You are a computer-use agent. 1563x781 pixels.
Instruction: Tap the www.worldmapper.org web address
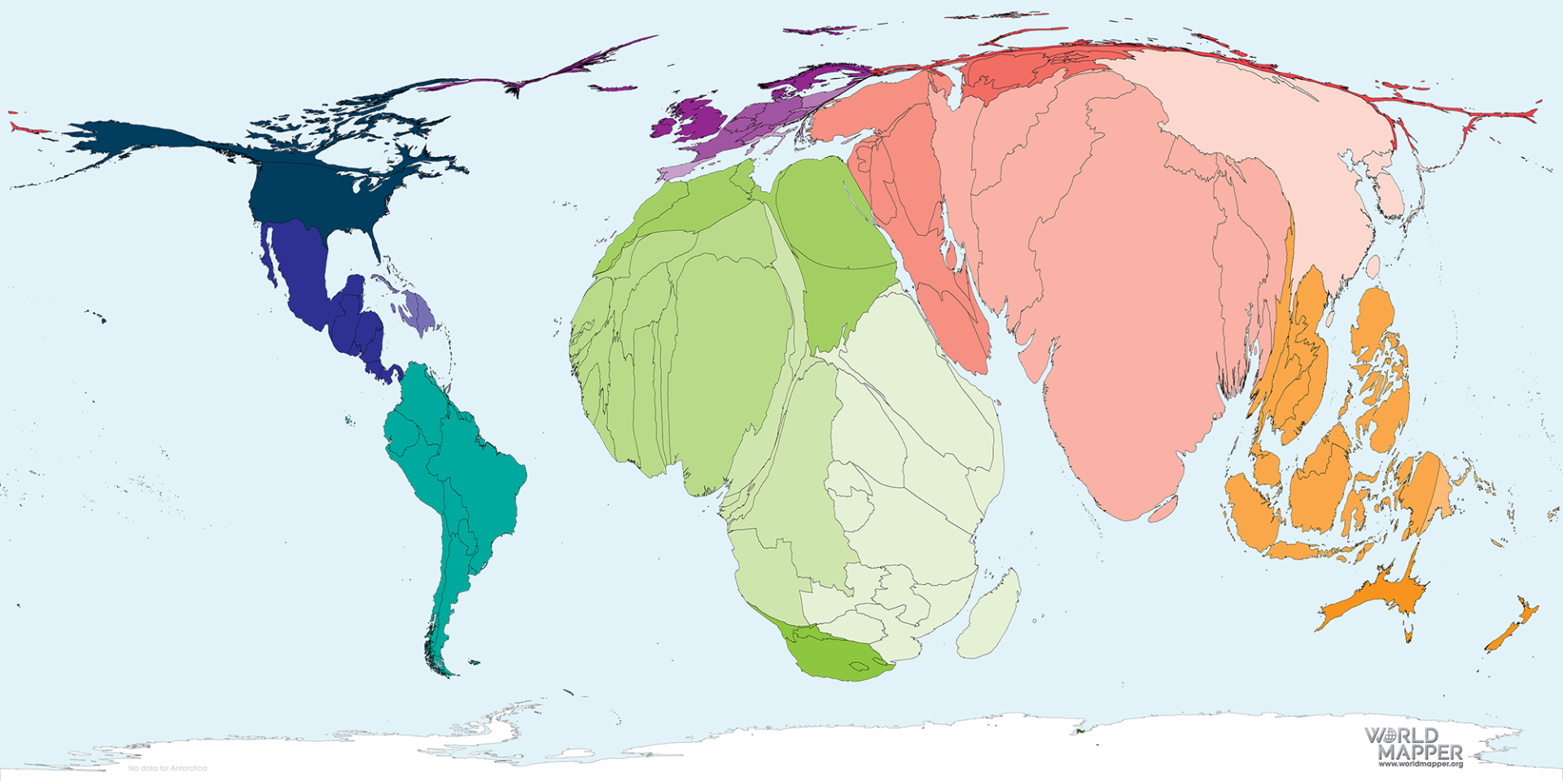click(1420, 764)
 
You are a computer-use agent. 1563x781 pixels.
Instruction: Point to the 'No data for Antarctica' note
click(167, 768)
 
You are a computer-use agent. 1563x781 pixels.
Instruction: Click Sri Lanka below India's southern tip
click(1162, 509)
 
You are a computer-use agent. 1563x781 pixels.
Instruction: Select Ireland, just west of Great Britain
click(665, 127)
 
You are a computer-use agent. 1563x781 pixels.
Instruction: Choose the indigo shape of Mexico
click(305, 268)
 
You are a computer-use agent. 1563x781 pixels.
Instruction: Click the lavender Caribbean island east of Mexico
click(420, 309)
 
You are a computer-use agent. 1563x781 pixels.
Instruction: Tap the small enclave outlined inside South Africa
click(858, 666)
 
